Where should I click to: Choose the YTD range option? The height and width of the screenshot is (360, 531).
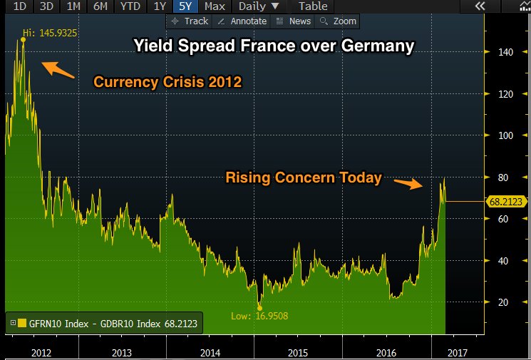(130, 6)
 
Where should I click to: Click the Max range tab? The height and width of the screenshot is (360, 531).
(215, 6)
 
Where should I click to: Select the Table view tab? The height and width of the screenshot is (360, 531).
(313, 6)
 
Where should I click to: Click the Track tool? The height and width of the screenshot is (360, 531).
(190, 21)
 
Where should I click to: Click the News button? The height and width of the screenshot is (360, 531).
(293, 21)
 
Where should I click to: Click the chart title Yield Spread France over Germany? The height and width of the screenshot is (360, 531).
(274, 47)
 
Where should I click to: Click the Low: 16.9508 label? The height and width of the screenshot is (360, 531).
(261, 316)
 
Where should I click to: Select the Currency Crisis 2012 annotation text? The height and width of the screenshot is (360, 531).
(167, 82)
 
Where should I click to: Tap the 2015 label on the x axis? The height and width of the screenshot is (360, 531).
(297, 352)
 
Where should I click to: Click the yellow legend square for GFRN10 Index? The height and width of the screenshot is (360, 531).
(22, 323)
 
